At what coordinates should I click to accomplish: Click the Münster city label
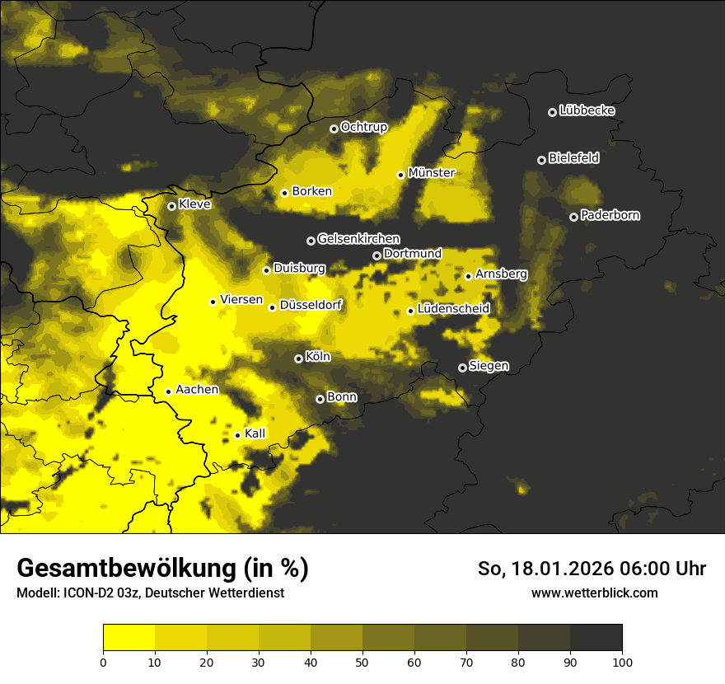pyautogui.click(x=432, y=173)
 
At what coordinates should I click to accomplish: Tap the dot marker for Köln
pyautogui.click(x=298, y=358)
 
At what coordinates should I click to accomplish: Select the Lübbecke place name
pyautogui.click(x=587, y=110)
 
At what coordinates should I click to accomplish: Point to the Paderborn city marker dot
pyautogui.click(x=573, y=217)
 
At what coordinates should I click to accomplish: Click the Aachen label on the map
pyautogui.click(x=197, y=389)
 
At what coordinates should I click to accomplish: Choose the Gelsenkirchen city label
pyautogui.click(x=358, y=239)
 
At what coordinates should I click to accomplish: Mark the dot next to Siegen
pyautogui.click(x=462, y=368)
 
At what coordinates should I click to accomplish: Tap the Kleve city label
pyautogui.click(x=194, y=204)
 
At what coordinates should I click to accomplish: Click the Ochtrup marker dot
pyautogui.click(x=334, y=128)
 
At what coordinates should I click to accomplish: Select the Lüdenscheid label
pyautogui.click(x=453, y=308)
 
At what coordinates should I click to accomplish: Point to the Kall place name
pyautogui.click(x=255, y=433)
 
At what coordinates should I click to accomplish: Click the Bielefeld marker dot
pyautogui.click(x=541, y=160)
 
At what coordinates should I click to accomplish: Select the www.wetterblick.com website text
pyautogui.click(x=594, y=593)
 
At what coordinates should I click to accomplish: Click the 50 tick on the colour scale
pyautogui.click(x=362, y=661)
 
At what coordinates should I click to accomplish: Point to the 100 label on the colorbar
pyautogui.click(x=622, y=661)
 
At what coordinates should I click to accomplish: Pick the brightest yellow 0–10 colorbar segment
pyautogui.click(x=129, y=637)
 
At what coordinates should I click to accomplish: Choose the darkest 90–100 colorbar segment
pyautogui.click(x=596, y=637)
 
